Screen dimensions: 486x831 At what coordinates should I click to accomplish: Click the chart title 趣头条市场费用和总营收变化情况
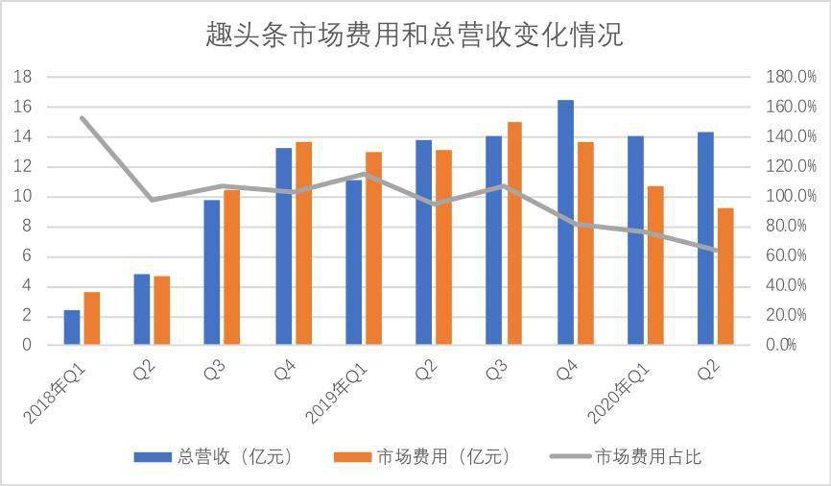(415, 36)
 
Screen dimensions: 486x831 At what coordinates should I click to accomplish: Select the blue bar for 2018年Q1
(72, 328)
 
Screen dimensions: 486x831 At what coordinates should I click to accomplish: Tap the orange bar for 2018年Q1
(92, 318)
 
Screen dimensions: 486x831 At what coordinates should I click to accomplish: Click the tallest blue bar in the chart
(565, 222)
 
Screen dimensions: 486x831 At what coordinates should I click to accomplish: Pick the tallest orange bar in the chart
(514, 233)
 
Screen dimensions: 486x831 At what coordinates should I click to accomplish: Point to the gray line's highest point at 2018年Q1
(83, 118)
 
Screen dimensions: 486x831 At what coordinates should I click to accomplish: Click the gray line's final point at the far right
(716, 251)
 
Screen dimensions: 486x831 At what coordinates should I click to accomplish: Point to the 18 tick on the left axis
(26, 77)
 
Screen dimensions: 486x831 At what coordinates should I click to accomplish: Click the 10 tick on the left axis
(26, 197)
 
